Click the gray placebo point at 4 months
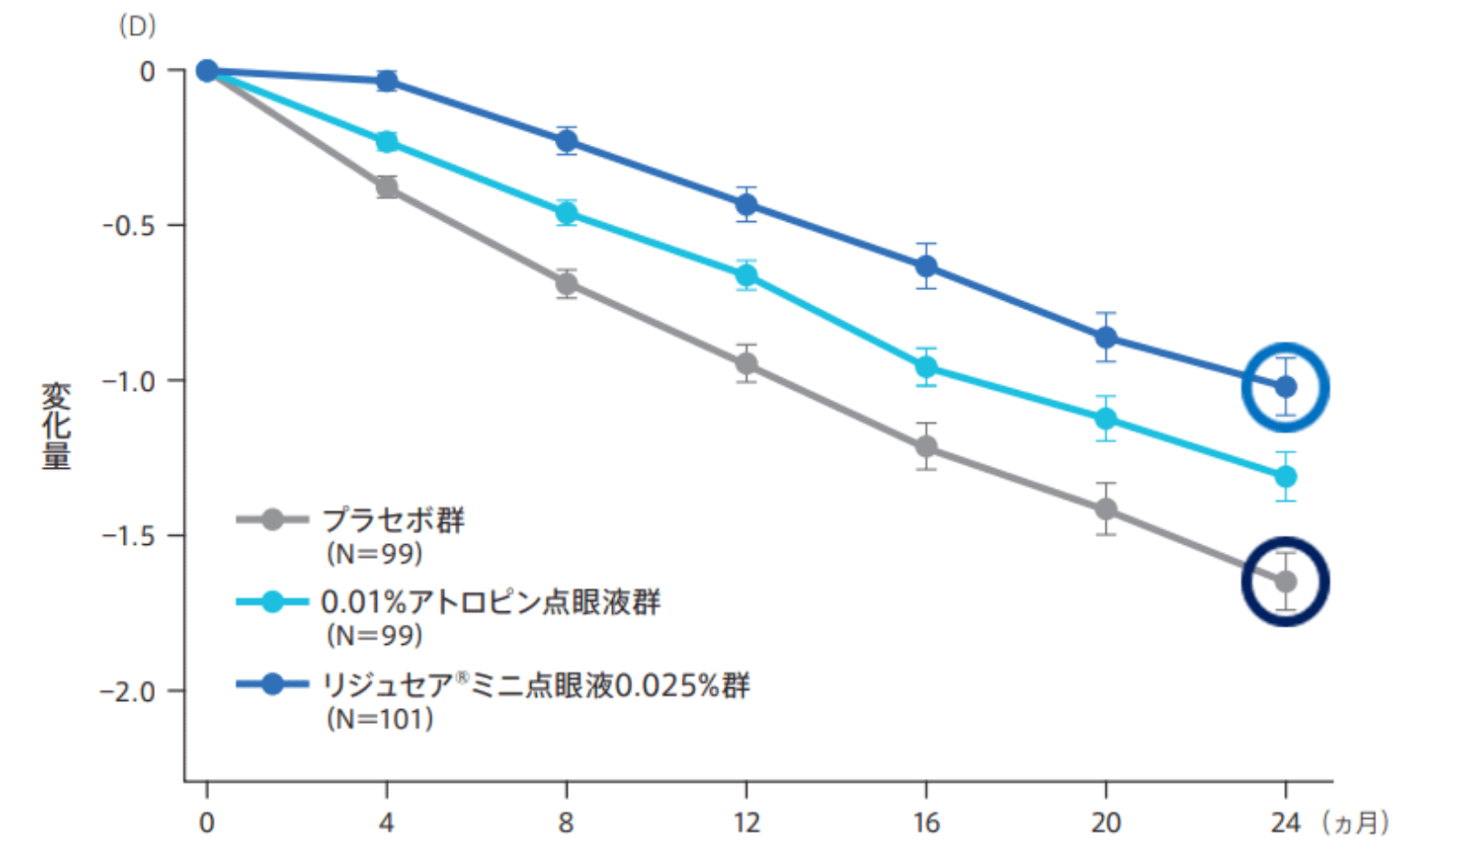pyautogui.click(x=386, y=187)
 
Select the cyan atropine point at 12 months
pyautogui.click(x=746, y=274)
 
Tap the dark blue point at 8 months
pyautogui.click(x=566, y=140)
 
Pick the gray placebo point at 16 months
pyautogui.click(x=926, y=447)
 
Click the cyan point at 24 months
pyautogui.click(x=1285, y=476)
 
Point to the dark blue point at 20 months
pyautogui.click(x=1106, y=338)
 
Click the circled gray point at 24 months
pyautogui.click(x=1285, y=582)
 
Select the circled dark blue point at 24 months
pyautogui.click(x=1285, y=387)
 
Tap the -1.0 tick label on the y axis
pyautogui.click(x=129, y=381)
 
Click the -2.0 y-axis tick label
pyautogui.click(x=129, y=691)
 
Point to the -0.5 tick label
pyautogui.click(x=129, y=226)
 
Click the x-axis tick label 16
pyautogui.click(x=926, y=822)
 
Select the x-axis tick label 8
pyautogui.click(x=566, y=822)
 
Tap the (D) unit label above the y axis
pyautogui.click(x=138, y=26)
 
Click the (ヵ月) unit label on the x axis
pyautogui.click(x=1355, y=822)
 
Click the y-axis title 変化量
pyautogui.click(x=56, y=427)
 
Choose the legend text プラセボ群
pyautogui.click(x=393, y=520)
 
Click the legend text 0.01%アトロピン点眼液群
pyautogui.click(x=490, y=602)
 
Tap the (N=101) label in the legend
pyautogui.click(x=379, y=718)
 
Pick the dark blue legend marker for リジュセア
pyautogui.click(x=272, y=684)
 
